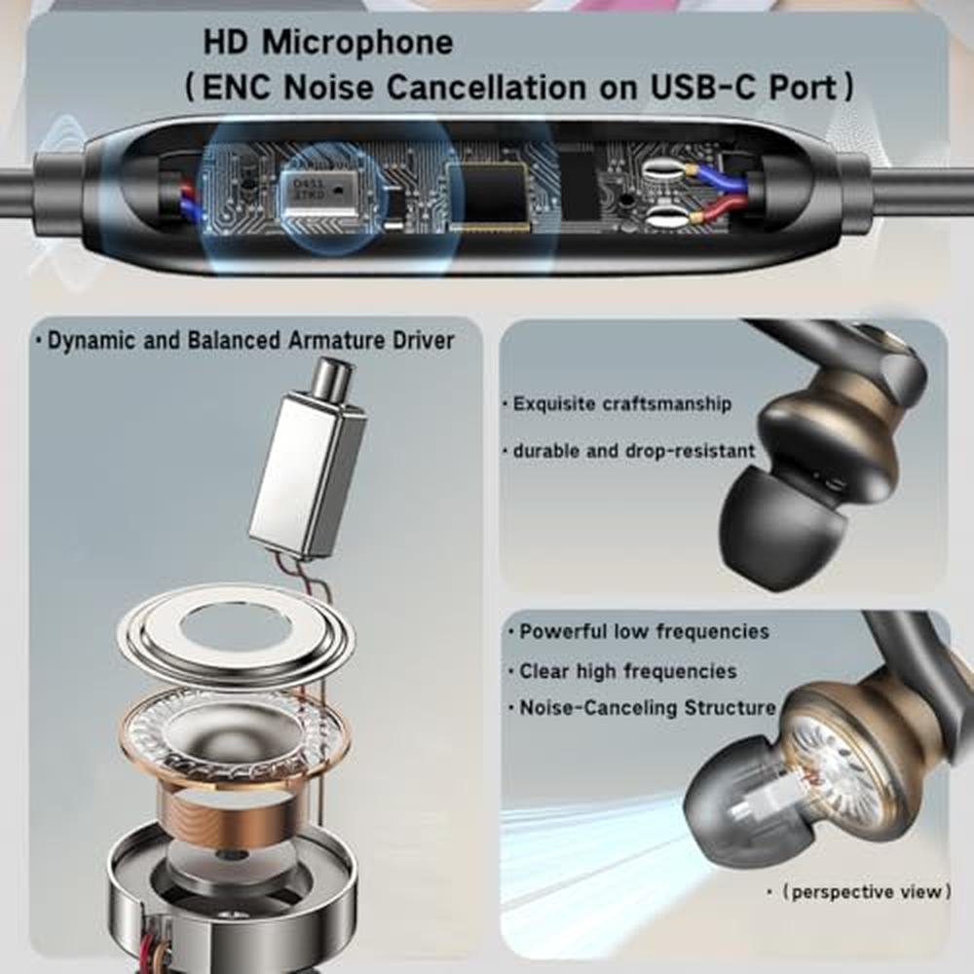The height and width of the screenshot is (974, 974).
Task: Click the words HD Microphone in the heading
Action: click(328, 43)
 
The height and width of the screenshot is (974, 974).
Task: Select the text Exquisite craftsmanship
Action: click(621, 404)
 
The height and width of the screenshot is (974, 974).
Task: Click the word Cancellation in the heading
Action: click(486, 87)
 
